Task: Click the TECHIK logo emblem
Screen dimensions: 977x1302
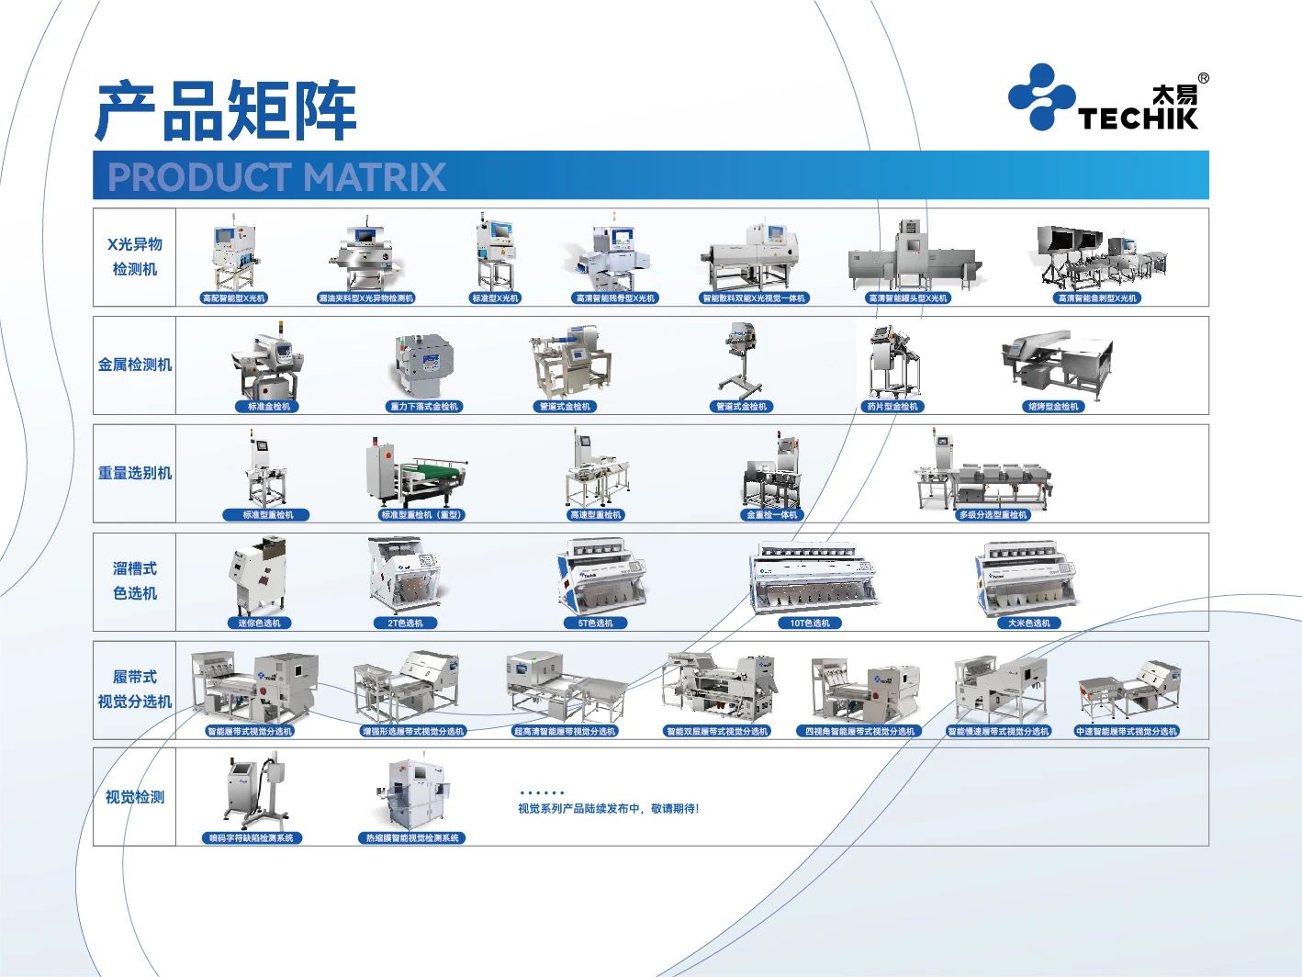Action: (1041, 96)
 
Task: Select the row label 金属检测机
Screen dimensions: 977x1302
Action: (135, 365)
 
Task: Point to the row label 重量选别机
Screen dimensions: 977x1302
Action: (135, 473)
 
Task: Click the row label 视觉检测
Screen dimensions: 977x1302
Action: (135, 797)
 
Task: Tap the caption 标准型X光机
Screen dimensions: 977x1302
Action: (495, 298)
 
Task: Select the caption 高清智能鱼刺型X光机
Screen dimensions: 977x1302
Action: (1097, 298)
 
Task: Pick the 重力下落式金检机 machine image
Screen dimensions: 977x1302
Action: (425, 361)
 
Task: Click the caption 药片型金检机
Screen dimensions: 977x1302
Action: (892, 407)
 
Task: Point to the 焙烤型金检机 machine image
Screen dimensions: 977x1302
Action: (1056, 361)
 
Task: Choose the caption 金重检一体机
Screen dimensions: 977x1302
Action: (771, 515)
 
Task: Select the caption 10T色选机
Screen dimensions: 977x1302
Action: (810, 623)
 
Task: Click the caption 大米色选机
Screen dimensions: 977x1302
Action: (1028, 623)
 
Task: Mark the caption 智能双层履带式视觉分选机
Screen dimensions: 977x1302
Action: (716, 732)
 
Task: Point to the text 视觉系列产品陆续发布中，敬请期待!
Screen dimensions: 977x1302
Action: (608, 809)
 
